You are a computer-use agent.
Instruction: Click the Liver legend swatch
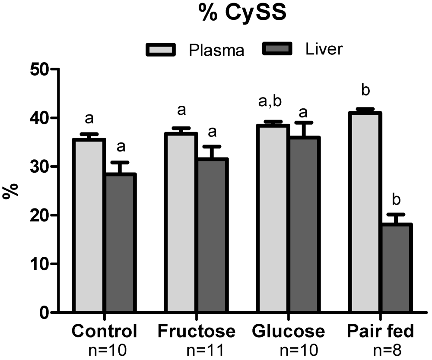(x=278, y=50)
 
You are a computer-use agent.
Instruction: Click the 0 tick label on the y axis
(x=45, y=313)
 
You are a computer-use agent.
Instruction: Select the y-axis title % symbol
(x=10, y=190)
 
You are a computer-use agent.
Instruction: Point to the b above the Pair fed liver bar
(x=395, y=201)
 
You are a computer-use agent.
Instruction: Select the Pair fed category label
(x=380, y=332)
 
